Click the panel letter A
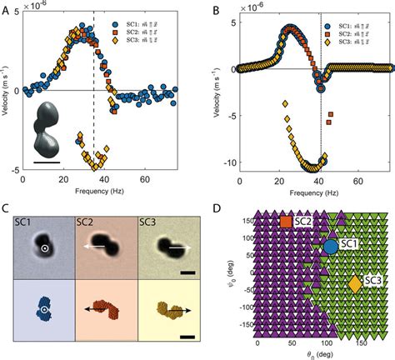(7, 7)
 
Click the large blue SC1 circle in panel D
(330, 247)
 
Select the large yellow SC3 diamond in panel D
(355, 283)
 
